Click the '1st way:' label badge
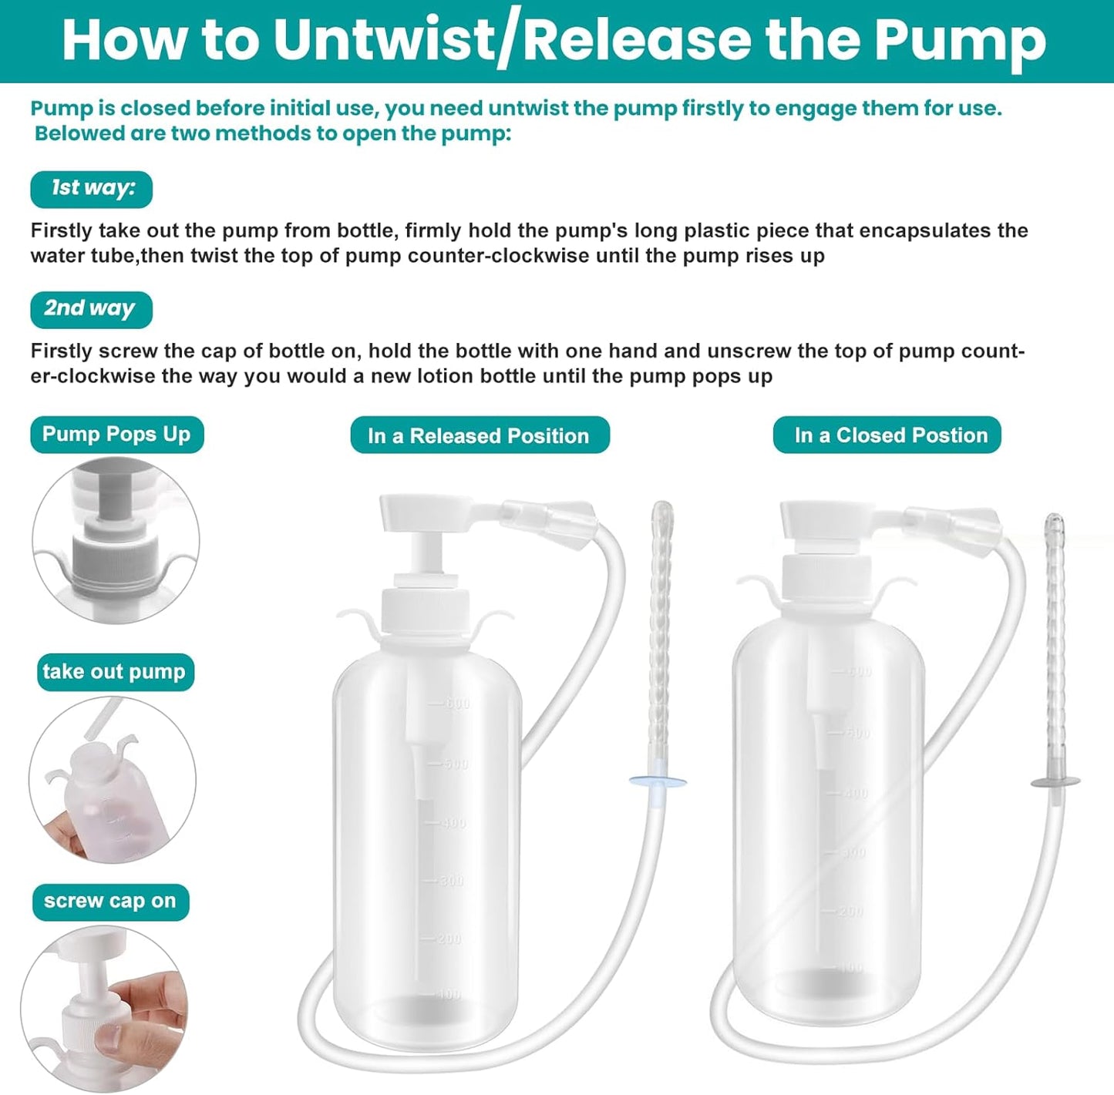[x=92, y=189]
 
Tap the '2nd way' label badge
[x=91, y=309]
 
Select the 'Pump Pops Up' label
[x=116, y=435]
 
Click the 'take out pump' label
[x=115, y=672]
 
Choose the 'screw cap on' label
[x=110, y=901]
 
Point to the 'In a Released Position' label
[x=479, y=436]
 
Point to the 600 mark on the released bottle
[x=454, y=704]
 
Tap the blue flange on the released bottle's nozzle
[x=658, y=782]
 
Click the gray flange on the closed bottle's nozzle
[x=1056, y=782]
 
